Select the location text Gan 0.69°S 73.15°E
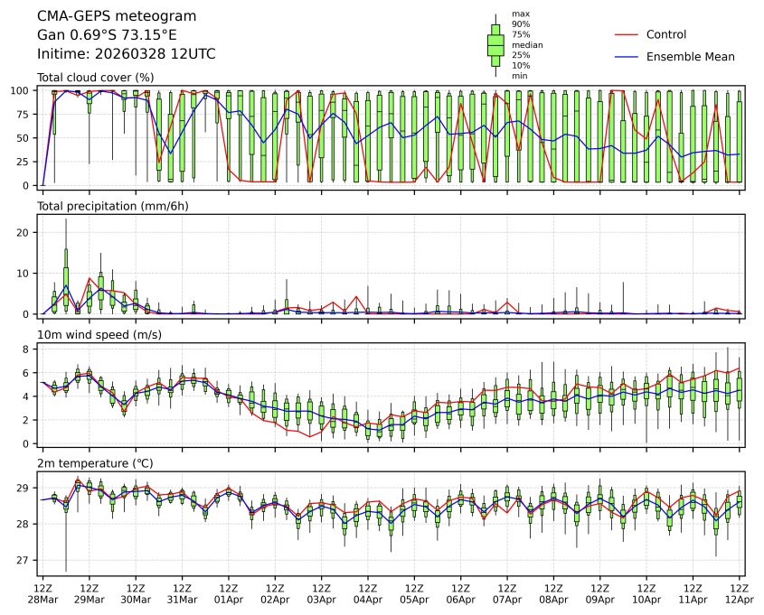[107, 35]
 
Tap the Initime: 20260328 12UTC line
[126, 54]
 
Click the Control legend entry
[666, 34]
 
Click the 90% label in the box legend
[520, 24]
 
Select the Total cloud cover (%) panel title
[95, 78]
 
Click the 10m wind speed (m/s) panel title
[99, 335]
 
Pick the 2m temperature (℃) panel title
[95, 463]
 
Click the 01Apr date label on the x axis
[228, 599]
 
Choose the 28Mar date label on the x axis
[42, 599]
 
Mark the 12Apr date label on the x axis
[740, 599]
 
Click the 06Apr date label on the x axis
[460, 599]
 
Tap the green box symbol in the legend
[495, 44]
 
